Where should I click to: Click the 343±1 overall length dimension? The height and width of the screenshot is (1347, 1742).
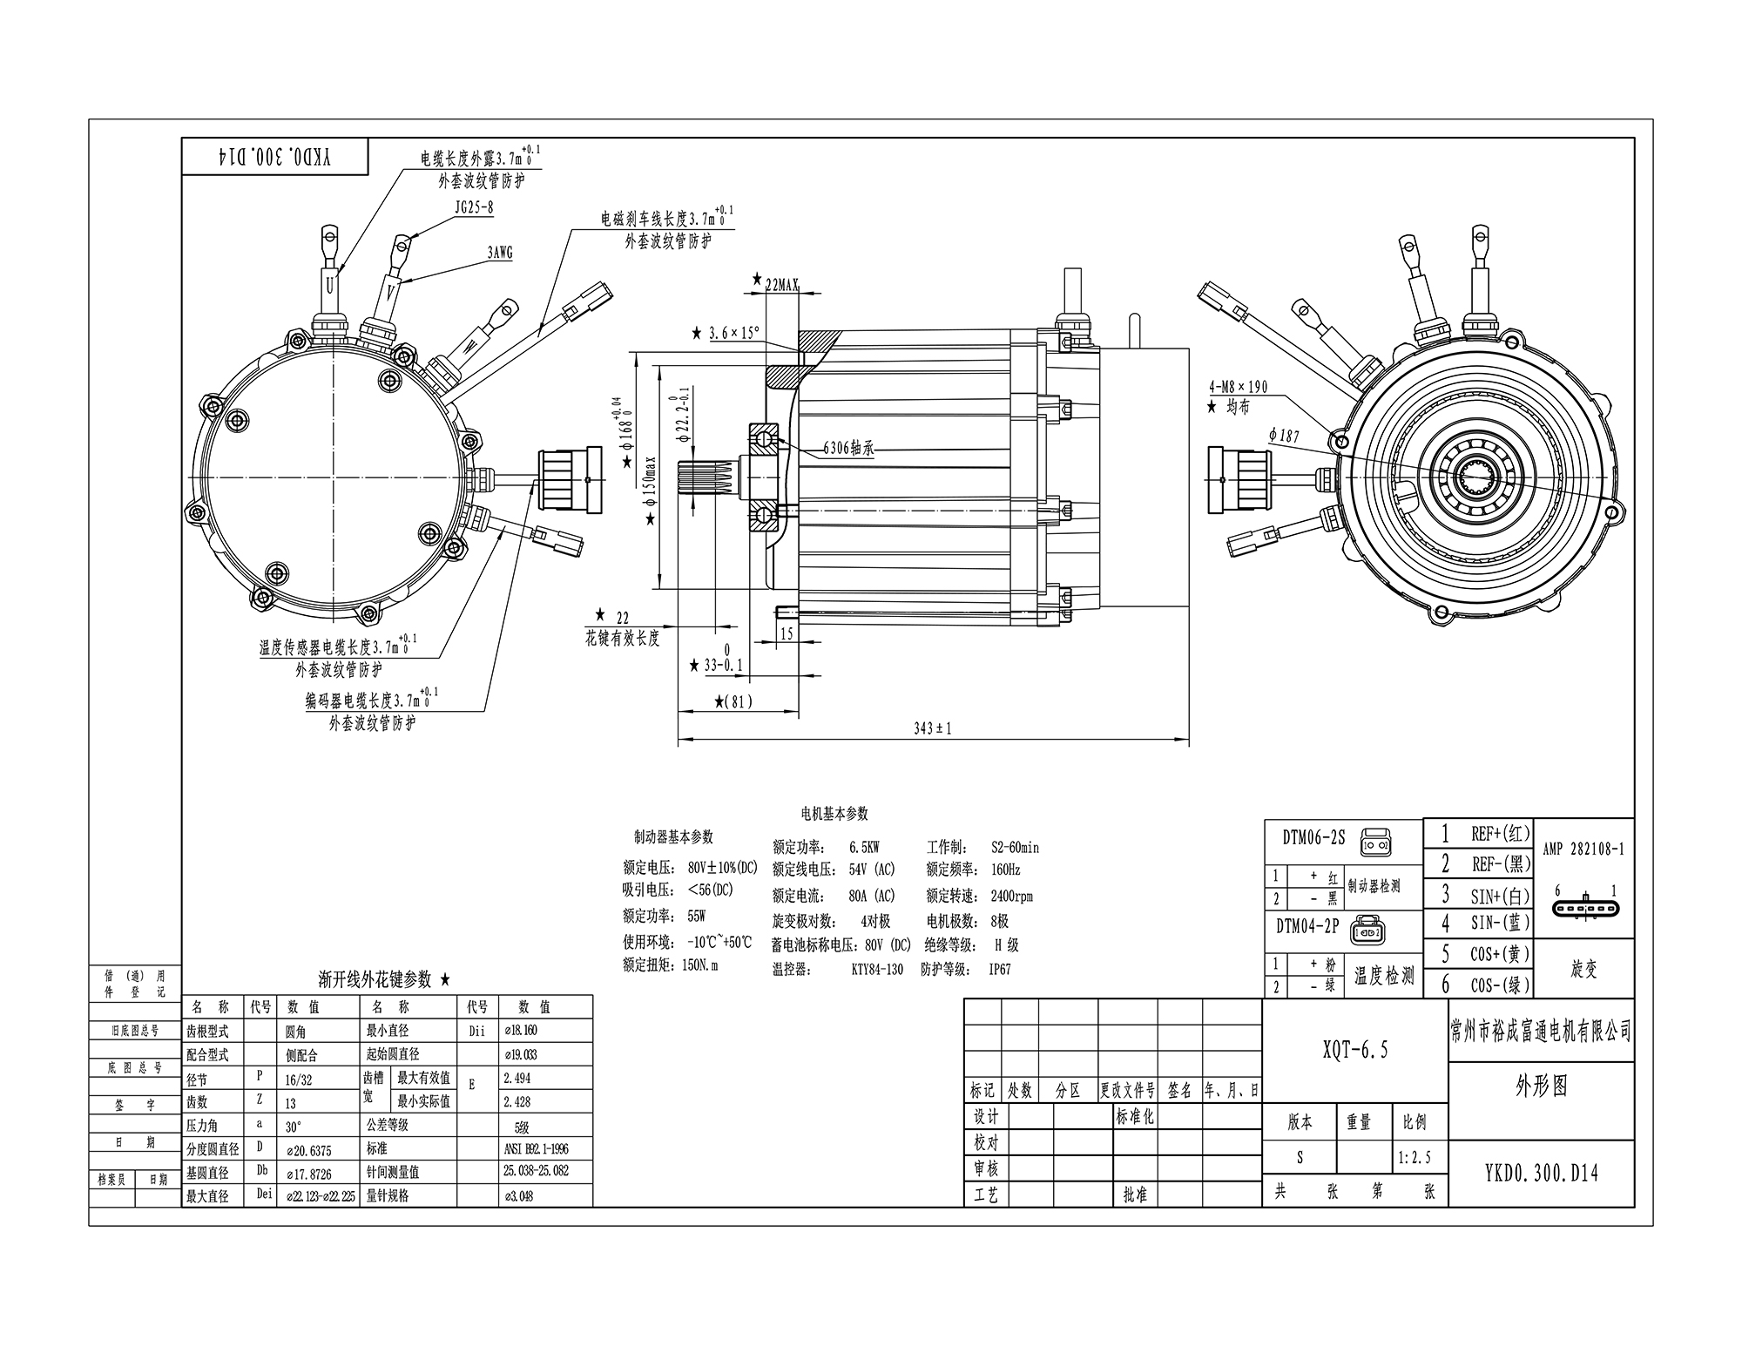932,728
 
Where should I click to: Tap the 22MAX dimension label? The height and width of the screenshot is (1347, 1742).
780,284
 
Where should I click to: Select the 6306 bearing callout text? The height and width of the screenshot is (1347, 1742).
848,449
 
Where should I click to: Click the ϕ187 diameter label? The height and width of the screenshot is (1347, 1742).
1284,435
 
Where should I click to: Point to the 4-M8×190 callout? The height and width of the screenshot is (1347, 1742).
1238,387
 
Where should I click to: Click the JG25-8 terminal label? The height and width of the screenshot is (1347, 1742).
474,208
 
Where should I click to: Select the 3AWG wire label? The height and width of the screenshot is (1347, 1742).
500,254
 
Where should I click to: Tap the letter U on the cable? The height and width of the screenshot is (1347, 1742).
330,285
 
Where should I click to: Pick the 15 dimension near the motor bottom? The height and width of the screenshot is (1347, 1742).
787,634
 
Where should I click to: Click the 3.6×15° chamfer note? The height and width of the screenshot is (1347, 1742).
733,333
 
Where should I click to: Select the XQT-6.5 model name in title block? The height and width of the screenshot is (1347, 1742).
1354,1051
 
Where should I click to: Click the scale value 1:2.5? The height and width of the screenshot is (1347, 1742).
1415,1158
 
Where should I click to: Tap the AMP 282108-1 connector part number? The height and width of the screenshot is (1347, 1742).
1583,849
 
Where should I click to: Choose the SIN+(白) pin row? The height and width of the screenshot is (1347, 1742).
1498,894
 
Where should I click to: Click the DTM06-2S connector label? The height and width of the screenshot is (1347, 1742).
1313,838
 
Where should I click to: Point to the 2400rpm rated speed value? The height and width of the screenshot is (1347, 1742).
1011,896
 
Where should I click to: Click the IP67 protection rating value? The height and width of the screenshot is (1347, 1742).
999,969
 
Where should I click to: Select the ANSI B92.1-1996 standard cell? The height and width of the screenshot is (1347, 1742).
536,1148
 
